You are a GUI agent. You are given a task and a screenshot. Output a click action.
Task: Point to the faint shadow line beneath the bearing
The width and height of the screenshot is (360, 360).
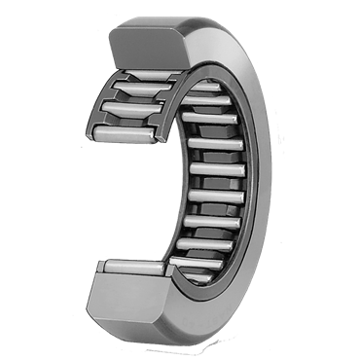(x=180, y=336)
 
